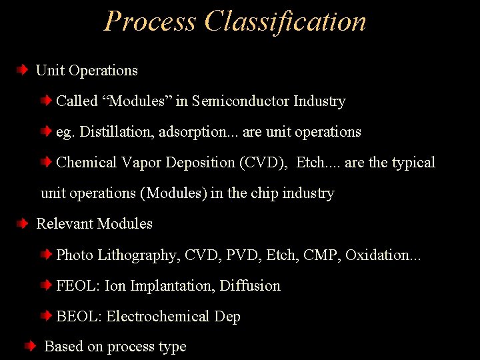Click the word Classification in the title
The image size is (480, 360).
coord(285,21)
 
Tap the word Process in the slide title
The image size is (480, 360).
coord(151,21)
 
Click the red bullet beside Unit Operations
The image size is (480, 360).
coord(23,70)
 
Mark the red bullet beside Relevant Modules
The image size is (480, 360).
coord(23,223)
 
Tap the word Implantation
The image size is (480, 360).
coord(171,285)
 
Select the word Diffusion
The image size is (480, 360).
coord(250,285)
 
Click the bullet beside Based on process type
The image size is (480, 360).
coord(31,347)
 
